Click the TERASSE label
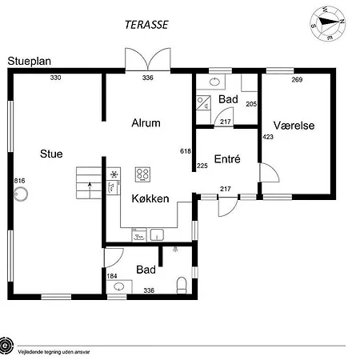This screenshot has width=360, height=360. pos(146,25)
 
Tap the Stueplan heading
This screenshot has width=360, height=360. pos(30,61)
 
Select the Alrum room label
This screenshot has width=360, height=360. pos(146,123)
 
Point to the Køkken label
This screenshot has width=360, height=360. pos(150,198)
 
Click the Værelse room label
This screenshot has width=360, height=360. pos(294,126)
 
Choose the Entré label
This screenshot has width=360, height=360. pos(227,159)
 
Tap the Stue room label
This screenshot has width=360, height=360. pos(51,154)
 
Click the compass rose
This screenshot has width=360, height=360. pos(328,23)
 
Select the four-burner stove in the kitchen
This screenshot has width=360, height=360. pos(142,174)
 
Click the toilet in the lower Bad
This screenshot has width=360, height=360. pos(182,286)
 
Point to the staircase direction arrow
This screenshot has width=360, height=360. pos(90,190)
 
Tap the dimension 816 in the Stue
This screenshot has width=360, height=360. pos(20,181)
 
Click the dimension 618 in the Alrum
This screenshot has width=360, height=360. pos(186,151)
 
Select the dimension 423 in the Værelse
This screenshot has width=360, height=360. pos(268,137)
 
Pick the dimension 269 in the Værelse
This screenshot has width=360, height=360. pos(297,79)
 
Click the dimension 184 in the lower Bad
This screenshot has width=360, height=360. pos(112,276)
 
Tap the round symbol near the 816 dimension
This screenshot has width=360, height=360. pos(21,194)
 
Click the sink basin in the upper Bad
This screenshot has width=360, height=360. pos(214,82)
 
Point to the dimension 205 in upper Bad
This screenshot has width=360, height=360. pos(251,104)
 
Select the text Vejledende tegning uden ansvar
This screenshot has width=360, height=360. pos(54,352)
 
